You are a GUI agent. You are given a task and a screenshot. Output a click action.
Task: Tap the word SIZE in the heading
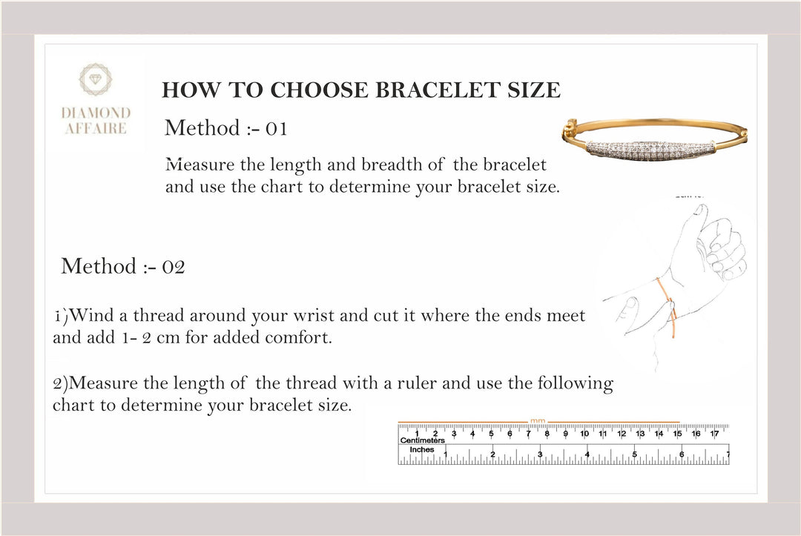534,90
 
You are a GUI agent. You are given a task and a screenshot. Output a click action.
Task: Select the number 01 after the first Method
276,128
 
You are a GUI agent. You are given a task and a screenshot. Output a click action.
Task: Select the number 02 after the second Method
173,266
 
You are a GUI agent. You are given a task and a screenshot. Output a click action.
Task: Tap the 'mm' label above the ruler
538,421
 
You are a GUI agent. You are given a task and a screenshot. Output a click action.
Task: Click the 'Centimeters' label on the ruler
421,440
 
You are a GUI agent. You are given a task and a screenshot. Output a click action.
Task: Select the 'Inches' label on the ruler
422,450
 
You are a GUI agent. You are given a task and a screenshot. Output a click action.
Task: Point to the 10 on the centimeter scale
584,433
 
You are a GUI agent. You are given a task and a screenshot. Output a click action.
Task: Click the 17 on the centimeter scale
714,433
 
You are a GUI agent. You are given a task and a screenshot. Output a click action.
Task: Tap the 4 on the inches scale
587,453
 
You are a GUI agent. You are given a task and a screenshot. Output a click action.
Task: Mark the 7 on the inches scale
728,453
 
